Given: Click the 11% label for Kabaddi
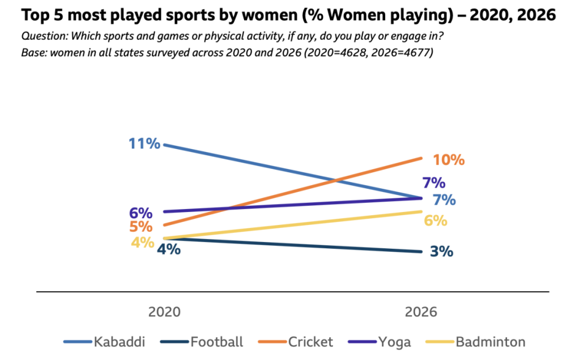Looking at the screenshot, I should coord(144,143).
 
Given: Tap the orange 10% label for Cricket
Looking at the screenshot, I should coord(449,160).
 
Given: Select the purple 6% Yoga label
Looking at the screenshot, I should coord(140,213).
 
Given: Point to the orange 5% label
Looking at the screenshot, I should coord(140,227).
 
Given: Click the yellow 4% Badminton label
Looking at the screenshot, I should coord(142,242).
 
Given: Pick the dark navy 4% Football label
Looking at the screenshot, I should coord(169,249).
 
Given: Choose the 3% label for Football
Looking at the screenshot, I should coord(441,251).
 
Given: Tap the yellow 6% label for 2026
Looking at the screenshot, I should coord(436,221).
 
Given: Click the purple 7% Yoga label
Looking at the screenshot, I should coord(433,183).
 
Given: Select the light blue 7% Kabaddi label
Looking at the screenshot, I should coord(444,199).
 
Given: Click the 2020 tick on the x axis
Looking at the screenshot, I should coord(164,312).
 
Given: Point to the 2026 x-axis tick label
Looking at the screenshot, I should coord(421,312).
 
